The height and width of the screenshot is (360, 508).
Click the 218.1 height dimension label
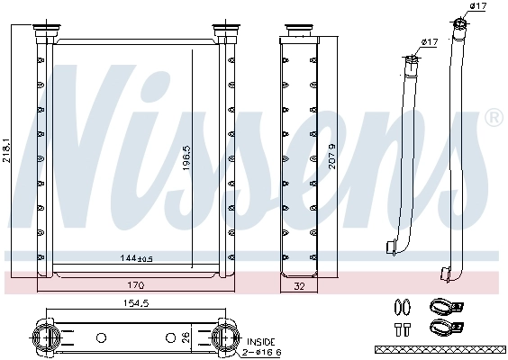8,143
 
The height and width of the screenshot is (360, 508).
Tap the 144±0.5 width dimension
136,259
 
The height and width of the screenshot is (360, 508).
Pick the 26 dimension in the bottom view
186,337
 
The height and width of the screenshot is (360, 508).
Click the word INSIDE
261,342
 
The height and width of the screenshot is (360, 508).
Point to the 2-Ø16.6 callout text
263,352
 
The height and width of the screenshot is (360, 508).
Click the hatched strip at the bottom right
440,348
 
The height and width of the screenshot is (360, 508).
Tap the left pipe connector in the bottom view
44,338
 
